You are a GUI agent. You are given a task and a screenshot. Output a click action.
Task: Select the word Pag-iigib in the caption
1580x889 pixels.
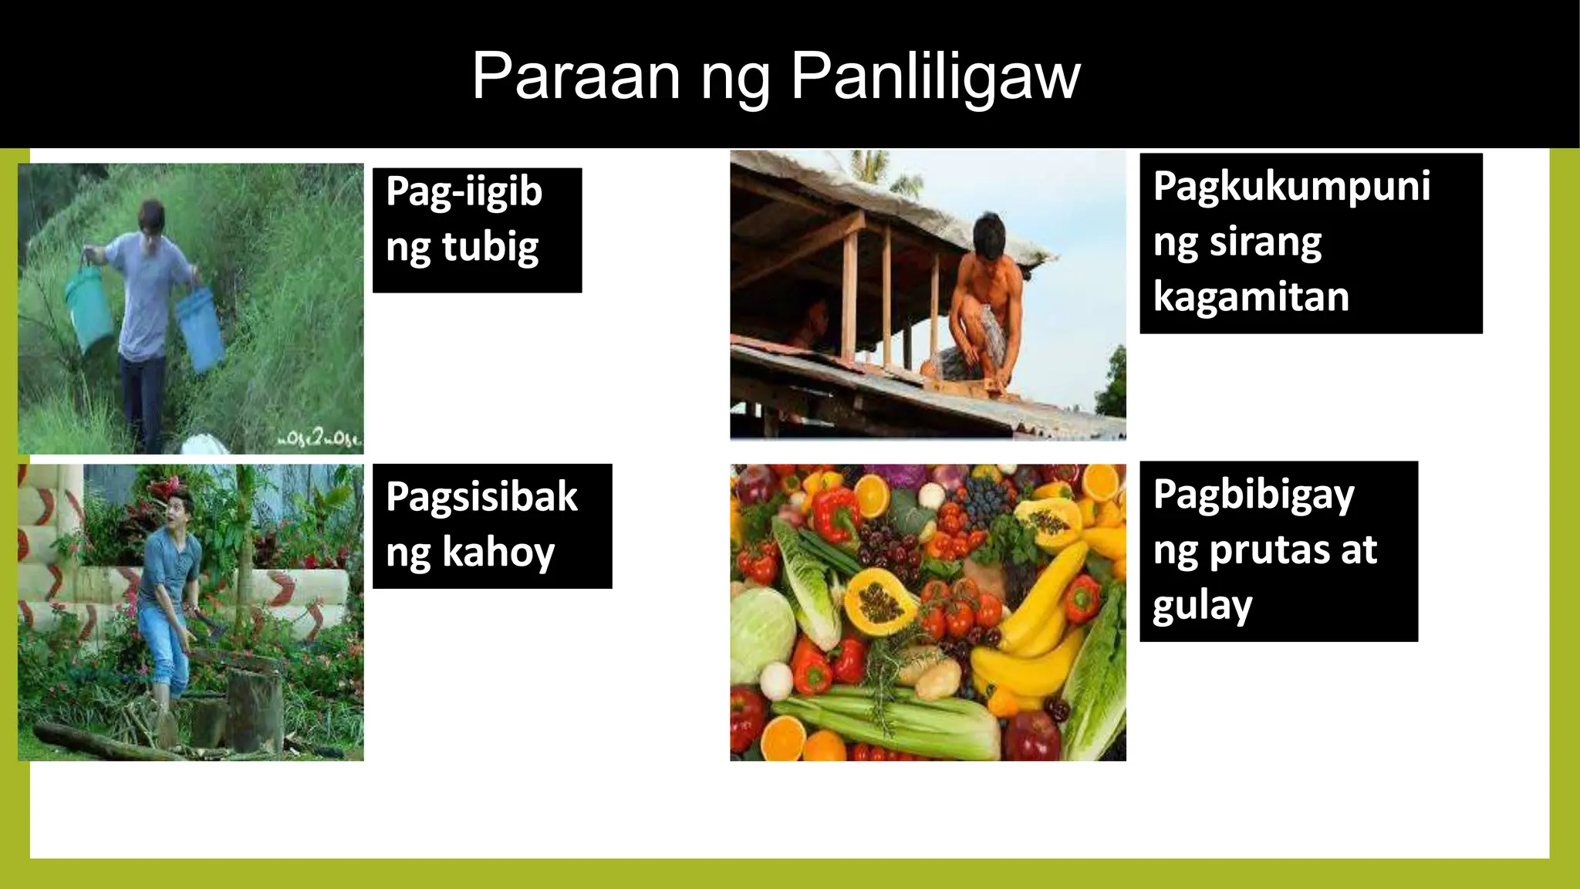coord(464,191)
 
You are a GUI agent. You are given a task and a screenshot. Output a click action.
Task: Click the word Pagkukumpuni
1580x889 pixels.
coord(1291,187)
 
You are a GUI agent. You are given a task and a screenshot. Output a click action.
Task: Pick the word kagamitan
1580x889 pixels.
coord(1251,297)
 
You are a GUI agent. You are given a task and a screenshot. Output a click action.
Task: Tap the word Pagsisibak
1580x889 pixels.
coord(481,496)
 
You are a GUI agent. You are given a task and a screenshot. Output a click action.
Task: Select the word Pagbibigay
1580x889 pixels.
coord(1254,495)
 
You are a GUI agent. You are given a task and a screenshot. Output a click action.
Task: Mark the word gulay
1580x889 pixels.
coord(1202,606)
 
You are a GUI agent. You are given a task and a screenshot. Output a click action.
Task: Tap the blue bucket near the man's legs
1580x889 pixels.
coord(200,328)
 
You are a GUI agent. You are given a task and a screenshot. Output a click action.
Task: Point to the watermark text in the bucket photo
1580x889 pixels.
coord(319,441)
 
